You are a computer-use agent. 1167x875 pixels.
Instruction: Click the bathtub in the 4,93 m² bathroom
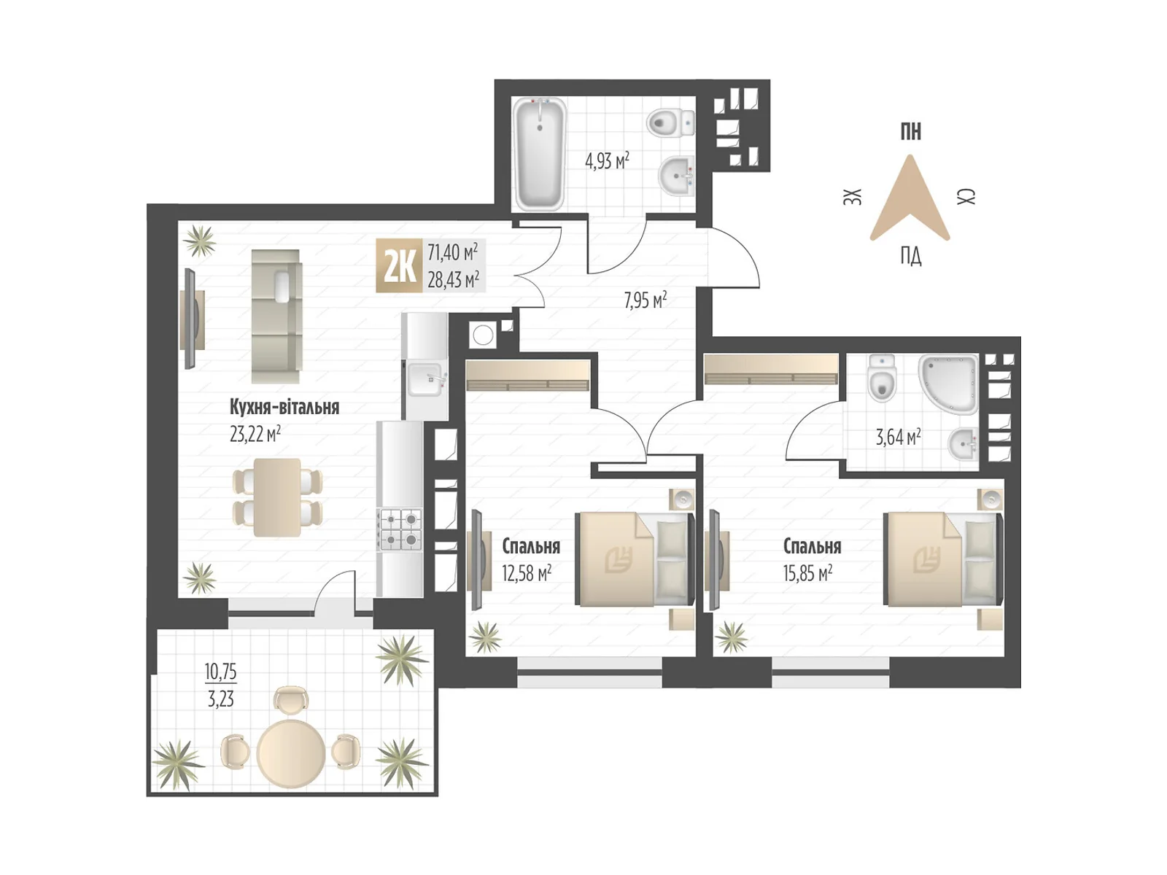(x=539, y=154)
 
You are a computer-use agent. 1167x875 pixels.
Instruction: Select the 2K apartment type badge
(x=399, y=265)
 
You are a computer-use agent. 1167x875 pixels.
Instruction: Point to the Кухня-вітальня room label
(x=284, y=407)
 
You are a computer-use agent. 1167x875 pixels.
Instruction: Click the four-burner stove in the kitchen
(x=400, y=529)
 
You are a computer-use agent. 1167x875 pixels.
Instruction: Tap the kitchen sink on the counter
(x=425, y=379)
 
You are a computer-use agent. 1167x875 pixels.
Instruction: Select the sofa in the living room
(x=276, y=316)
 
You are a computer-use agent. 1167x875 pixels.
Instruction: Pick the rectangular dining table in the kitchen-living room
(x=277, y=497)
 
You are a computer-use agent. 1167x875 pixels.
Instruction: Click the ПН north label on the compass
(x=910, y=131)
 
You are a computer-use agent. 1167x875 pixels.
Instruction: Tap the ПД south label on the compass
(x=910, y=255)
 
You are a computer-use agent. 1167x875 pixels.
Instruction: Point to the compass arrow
(x=910, y=198)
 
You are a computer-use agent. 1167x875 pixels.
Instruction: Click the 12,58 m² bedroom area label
(x=527, y=573)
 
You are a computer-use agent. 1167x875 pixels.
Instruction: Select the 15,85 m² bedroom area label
(x=807, y=573)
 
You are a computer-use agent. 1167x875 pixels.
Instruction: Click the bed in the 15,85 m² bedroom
(x=943, y=559)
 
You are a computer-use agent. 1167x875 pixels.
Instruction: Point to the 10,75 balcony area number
(x=221, y=672)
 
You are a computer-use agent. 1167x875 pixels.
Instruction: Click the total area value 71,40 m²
(x=452, y=252)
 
